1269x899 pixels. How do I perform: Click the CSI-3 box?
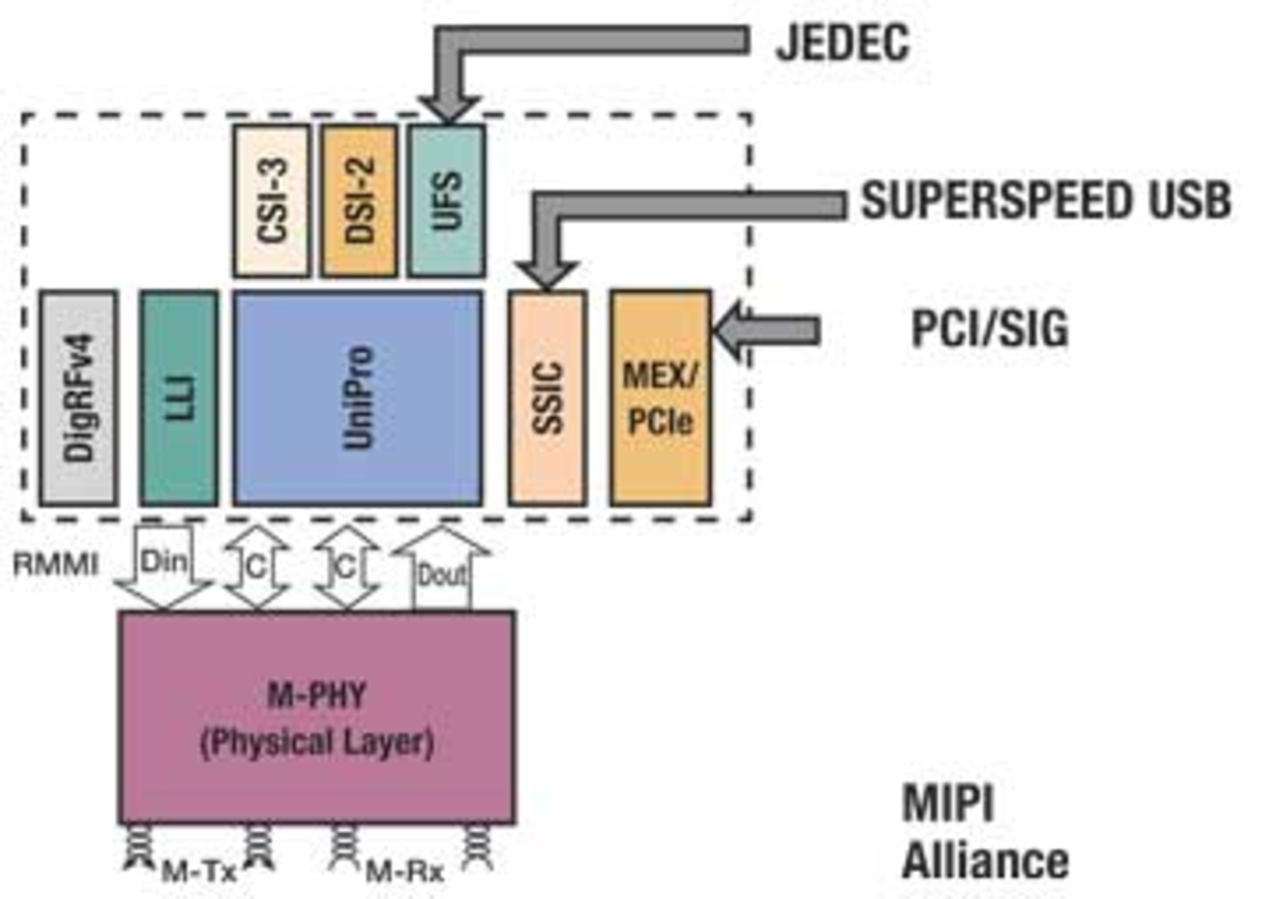(271, 200)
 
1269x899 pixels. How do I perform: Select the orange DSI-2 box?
(359, 200)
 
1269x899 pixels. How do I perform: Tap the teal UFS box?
(446, 200)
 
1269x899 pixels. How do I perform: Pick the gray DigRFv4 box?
(79, 398)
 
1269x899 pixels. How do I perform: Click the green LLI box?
(179, 398)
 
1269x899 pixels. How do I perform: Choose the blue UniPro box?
(358, 398)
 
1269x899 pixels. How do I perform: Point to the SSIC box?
(547, 398)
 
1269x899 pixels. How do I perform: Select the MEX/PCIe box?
(660, 398)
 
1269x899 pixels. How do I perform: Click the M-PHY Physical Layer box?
(317, 717)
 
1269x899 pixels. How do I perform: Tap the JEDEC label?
(842, 43)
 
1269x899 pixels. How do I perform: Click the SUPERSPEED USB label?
(1046, 200)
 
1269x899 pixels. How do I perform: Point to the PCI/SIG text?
(989, 329)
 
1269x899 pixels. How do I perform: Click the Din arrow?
(163, 565)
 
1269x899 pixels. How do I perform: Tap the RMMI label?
(56, 565)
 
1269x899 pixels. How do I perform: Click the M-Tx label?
(199, 872)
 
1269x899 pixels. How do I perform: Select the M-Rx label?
(404, 872)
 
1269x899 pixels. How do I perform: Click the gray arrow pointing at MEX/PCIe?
(770, 330)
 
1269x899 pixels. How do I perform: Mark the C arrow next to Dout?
(346, 567)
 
